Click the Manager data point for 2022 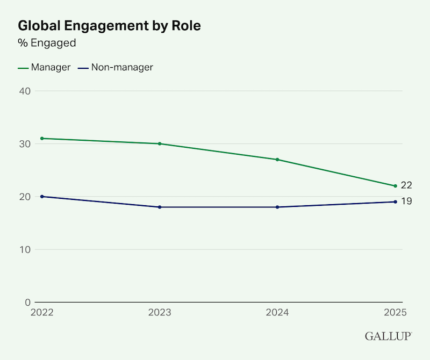(x=42, y=139)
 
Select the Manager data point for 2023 (x=160, y=143)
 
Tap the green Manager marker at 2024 (x=277, y=160)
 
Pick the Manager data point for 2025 (x=395, y=186)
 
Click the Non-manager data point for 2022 (x=42, y=197)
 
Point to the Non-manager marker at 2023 (x=160, y=207)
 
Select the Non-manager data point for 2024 (x=277, y=207)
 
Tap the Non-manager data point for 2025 (x=395, y=202)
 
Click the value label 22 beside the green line (x=406, y=185)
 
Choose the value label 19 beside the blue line (x=407, y=201)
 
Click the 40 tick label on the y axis (x=25, y=91)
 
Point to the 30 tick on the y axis (x=25, y=144)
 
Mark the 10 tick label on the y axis (x=25, y=250)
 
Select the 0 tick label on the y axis (x=28, y=303)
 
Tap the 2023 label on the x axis (x=160, y=313)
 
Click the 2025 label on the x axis (x=395, y=313)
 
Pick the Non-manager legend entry (x=116, y=67)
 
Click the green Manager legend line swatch (x=23, y=68)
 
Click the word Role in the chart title (x=187, y=26)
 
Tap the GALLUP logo (x=388, y=336)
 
